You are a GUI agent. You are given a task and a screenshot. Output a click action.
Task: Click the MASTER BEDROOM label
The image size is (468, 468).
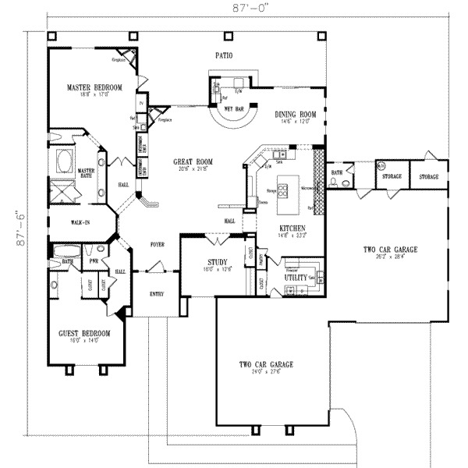(94, 87)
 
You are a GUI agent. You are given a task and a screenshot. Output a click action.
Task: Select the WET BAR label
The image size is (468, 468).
(236, 110)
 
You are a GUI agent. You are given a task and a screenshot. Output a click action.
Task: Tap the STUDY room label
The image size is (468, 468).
(217, 263)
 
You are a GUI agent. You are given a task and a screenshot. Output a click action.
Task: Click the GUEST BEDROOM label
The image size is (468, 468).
(83, 333)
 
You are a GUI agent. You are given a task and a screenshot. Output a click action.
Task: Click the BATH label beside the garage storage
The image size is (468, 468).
(337, 172)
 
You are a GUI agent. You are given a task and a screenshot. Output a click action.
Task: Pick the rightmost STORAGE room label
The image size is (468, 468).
(429, 177)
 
